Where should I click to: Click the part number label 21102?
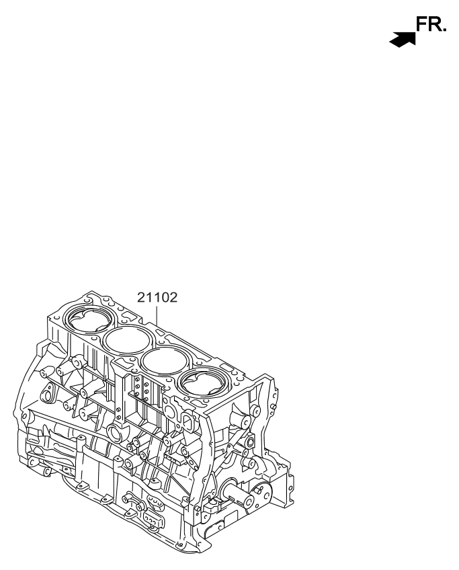coord(157,296)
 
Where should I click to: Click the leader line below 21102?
coord(157,316)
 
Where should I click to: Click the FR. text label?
coord(429,26)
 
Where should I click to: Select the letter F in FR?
coord(422,26)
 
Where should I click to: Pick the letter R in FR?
coord(434,26)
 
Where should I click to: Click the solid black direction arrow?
coord(401,40)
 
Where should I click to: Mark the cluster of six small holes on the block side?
coord(139,389)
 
